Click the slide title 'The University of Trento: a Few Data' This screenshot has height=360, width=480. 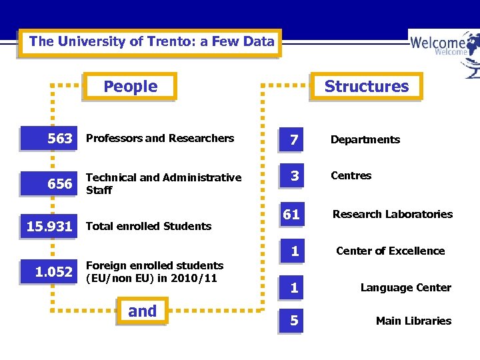(151, 42)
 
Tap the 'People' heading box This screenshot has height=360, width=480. (131, 87)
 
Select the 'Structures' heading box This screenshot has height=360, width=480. (366, 87)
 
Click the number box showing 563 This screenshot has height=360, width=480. (51, 139)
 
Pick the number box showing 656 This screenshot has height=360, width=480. (51, 184)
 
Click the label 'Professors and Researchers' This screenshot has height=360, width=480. (160, 139)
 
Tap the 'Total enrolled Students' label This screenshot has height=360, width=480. (149, 227)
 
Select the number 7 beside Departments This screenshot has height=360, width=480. (293, 139)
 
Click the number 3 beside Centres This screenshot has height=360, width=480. (293, 177)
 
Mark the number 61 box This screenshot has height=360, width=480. (292, 215)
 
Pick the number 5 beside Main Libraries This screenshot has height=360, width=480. (293, 321)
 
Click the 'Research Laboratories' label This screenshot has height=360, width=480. (392, 215)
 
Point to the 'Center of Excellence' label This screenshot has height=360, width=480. (390, 251)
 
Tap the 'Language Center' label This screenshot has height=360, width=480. (405, 288)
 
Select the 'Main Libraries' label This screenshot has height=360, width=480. (413, 321)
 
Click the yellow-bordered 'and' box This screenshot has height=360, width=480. (142, 311)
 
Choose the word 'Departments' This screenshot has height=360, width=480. (365, 140)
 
